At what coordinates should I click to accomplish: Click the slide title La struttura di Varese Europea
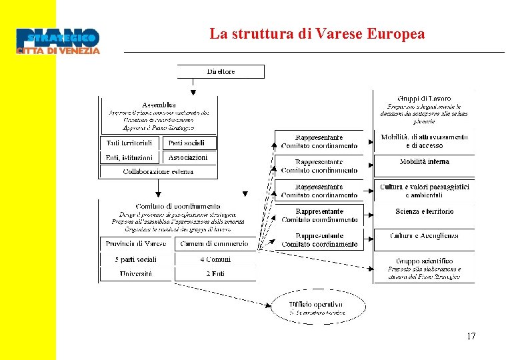pos(317,34)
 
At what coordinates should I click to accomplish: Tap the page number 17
pos(471,336)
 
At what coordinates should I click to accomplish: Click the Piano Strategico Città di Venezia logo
pos(58,41)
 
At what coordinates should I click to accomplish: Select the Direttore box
pos(221,71)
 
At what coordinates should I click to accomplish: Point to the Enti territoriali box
pos(129,143)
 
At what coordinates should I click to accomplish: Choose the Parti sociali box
pos(191,143)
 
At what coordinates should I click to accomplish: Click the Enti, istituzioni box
pos(129,158)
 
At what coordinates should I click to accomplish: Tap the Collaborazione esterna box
pos(158,171)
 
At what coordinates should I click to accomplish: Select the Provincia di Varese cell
pos(136,244)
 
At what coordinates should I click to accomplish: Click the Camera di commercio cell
pos(214,244)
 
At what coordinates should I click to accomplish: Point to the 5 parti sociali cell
pos(136,259)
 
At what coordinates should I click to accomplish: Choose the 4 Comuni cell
pos(215,259)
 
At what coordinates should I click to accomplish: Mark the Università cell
pos(136,274)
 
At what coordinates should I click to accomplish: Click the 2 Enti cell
pos(215,274)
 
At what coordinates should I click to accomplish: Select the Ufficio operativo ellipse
pos(317,307)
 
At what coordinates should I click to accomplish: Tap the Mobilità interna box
pos(424,162)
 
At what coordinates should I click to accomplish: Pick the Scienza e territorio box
pos(424,211)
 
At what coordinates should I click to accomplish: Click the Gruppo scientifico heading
pos(424,261)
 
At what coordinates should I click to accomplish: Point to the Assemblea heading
pos(159,105)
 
